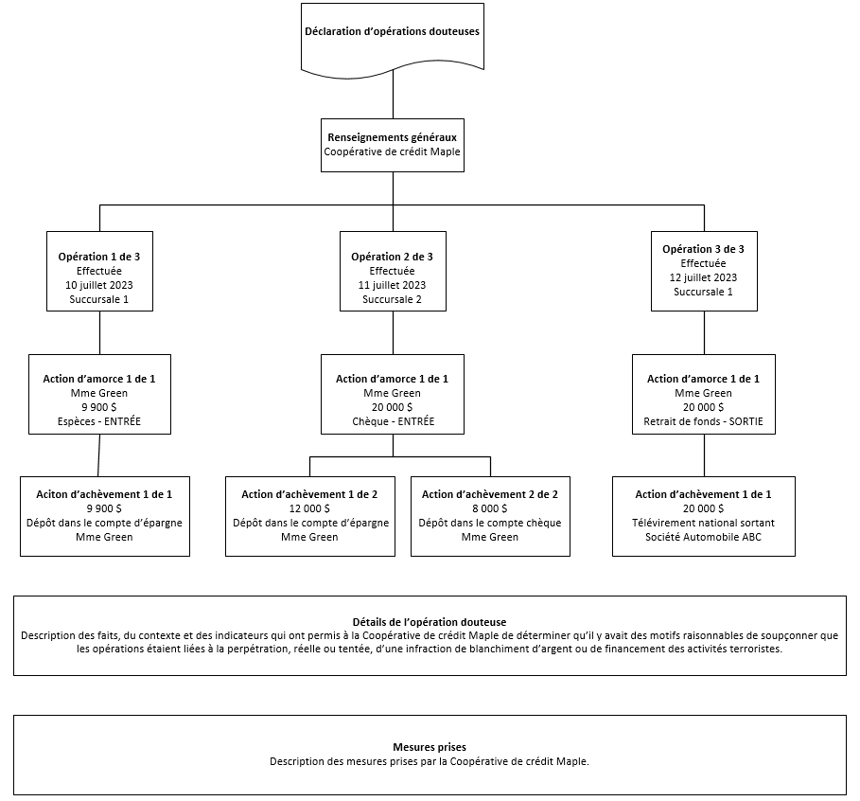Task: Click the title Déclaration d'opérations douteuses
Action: click(392, 31)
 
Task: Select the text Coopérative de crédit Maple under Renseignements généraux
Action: click(392, 151)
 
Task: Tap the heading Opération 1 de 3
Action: click(99, 257)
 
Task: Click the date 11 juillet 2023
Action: click(392, 285)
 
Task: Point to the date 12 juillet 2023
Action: click(703, 277)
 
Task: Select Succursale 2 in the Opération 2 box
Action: click(392, 299)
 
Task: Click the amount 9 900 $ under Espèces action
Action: click(99, 407)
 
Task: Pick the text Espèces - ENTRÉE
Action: click(99, 421)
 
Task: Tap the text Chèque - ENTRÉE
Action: click(392, 421)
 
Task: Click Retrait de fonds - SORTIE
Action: click(703, 421)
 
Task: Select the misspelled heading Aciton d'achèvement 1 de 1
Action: click(104, 494)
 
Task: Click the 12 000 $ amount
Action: click(309, 508)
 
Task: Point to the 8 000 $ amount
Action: click(490, 508)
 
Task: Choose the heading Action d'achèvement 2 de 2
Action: click(490, 494)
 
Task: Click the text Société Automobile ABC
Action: click(703, 537)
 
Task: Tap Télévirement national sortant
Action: click(703, 523)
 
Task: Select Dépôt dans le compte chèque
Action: click(490, 523)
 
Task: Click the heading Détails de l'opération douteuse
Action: click(430, 622)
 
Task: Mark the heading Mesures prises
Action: click(430, 747)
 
